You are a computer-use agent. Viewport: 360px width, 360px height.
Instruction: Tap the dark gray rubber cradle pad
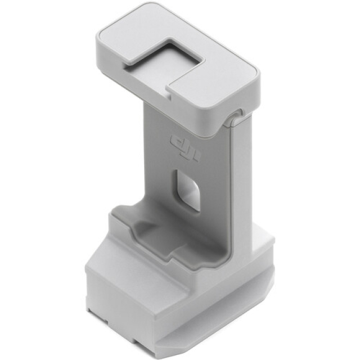157,231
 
